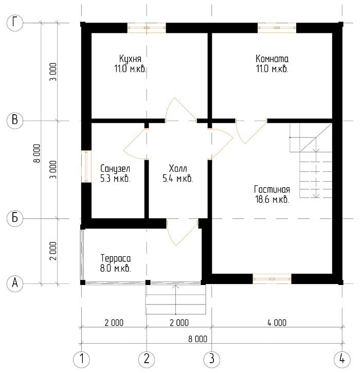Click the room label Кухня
[130, 59]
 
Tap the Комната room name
[272, 59]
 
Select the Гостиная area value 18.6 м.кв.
[272, 199]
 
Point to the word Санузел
[115, 169]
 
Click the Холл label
[178, 168]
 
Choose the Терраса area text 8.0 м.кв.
[115, 269]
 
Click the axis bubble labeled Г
[15, 23]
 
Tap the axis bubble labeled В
[15, 120]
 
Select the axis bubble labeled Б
[15, 218]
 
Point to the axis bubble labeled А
[15, 283]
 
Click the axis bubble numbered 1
[82, 359]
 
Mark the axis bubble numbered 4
[342, 359]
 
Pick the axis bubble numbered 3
[211, 359]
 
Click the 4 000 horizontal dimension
[277, 323]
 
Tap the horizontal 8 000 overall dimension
[197, 339]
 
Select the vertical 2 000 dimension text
[53, 251]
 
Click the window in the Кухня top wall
[147, 28]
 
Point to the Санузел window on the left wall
[86, 167]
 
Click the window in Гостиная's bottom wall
[272, 279]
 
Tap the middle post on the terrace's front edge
[148, 282]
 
